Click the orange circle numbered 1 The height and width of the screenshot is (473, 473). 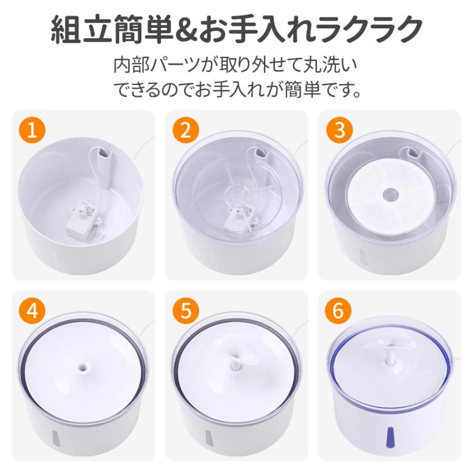pyautogui.click(x=32, y=131)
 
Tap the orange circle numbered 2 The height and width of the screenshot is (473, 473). pyautogui.click(x=186, y=131)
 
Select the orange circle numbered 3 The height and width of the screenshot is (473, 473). pyautogui.click(x=340, y=131)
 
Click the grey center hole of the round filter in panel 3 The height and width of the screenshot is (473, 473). pyautogui.click(x=390, y=194)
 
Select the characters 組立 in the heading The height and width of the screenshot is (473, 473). pyautogui.click(x=81, y=30)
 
